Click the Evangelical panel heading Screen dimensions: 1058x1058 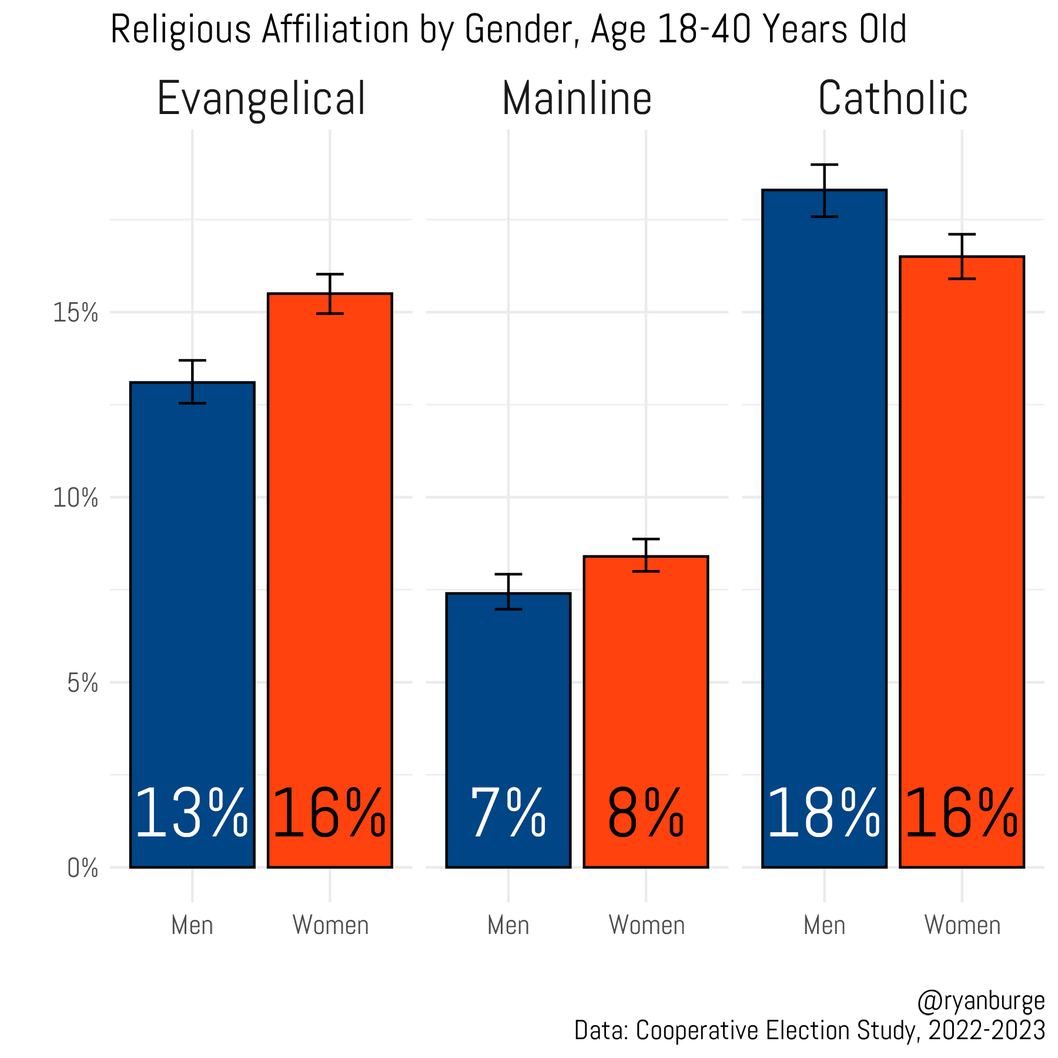[x=261, y=99]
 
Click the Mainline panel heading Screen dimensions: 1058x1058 [x=577, y=99]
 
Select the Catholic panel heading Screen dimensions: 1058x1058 [x=892, y=99]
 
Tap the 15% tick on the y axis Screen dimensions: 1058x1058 [x=75, y=313]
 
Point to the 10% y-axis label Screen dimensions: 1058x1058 [x=75, y=498]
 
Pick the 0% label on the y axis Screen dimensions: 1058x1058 [x=82, y=868]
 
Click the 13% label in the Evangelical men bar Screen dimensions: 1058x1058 [x=192, y=815]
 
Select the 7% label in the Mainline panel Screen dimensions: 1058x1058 [x=508, y=815]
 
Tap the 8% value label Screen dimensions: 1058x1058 [x=645, y=815]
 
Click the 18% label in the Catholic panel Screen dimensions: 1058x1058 [x=823, y=815]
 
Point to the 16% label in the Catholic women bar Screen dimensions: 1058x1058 [x=962, y=815]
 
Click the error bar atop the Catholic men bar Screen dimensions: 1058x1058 [x=824, y=190]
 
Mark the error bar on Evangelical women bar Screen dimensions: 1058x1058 [x=330, y=293]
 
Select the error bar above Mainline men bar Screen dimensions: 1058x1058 [x=508, y=591]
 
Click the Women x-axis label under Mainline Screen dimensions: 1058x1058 [x=647, y=925]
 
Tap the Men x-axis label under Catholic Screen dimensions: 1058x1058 [x=824, y=925]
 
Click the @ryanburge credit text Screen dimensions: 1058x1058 [x=980, y=1001]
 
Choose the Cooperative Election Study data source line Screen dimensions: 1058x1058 [x=809, y=1030]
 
